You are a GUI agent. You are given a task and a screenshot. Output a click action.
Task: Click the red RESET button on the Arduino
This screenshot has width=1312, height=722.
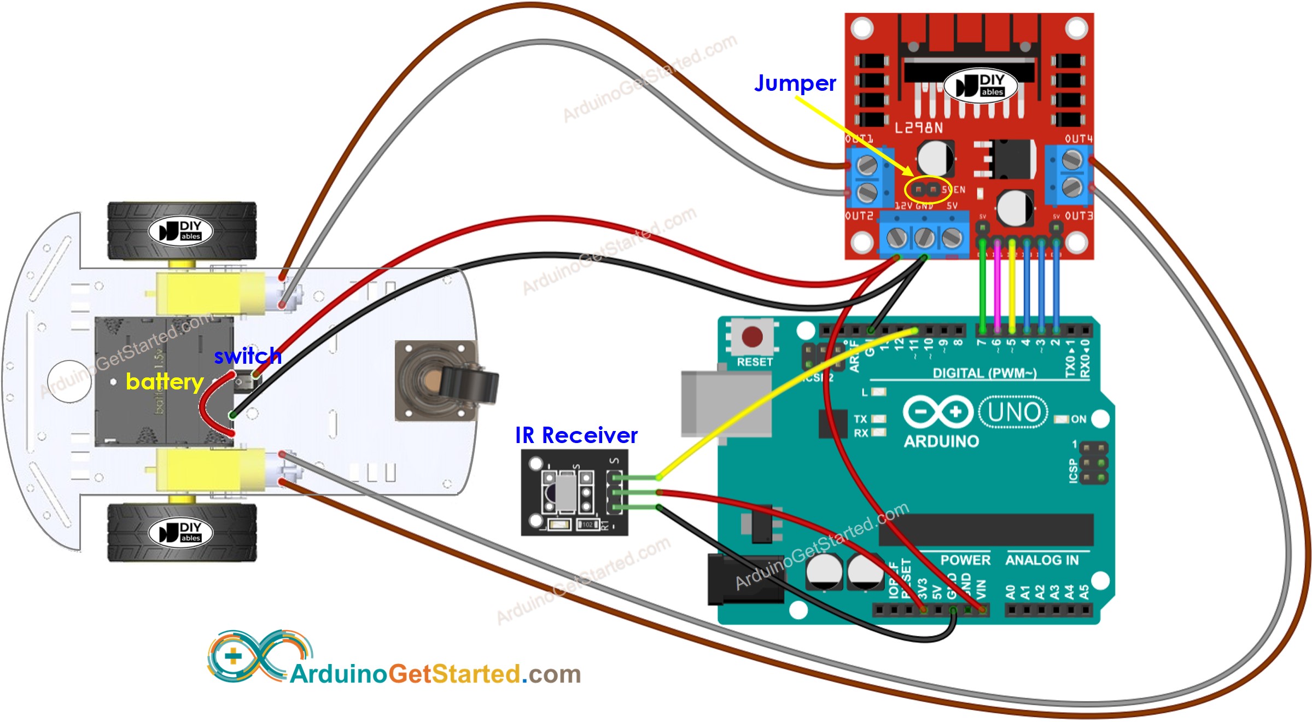751,337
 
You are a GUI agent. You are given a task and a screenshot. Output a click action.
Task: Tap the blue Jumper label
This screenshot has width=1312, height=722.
795,83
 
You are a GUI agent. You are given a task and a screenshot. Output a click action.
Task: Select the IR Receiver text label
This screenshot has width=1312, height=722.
576,435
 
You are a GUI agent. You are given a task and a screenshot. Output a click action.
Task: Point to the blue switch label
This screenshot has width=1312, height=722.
247,356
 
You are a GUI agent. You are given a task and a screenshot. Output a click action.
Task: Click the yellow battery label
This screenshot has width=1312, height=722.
164,382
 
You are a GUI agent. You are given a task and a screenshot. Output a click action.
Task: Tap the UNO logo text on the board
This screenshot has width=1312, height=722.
1013,412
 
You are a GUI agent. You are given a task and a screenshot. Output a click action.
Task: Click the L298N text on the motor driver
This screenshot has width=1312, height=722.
919,128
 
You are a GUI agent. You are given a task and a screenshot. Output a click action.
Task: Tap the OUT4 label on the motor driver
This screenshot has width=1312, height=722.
1078,139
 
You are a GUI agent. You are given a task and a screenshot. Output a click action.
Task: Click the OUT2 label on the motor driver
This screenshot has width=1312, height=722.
859,216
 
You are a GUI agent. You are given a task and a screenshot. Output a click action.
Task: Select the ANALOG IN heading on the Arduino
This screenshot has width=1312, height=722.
1042,560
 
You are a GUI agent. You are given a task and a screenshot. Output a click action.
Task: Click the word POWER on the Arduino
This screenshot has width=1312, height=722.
965,560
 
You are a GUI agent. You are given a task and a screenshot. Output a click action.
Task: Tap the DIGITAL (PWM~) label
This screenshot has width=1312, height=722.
984,373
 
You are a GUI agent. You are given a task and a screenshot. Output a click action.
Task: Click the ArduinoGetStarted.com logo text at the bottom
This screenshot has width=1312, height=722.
435,674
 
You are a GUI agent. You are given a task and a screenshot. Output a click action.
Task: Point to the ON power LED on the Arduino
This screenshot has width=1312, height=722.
1062,420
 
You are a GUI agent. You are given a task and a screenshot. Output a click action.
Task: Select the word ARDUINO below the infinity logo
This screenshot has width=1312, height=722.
941,441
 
